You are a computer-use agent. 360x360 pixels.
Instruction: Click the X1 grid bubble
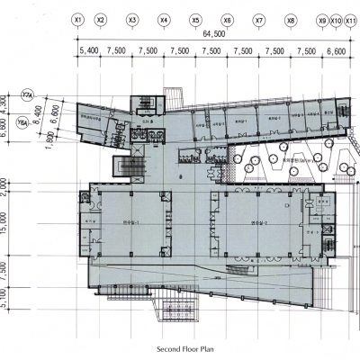pos(79,19)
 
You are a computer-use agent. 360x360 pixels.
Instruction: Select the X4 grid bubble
pos(164,19)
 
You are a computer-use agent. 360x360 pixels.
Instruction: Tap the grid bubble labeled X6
pos(227,19)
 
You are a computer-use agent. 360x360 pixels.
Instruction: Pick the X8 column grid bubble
pos(290,19)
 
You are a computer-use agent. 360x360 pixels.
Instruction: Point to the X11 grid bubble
pos(351,19)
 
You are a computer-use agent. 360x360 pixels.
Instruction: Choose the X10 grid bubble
pos(337,19)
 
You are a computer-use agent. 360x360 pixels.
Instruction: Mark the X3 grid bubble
pos(132,19)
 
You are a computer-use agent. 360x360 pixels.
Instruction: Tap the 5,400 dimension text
pos(89,51)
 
